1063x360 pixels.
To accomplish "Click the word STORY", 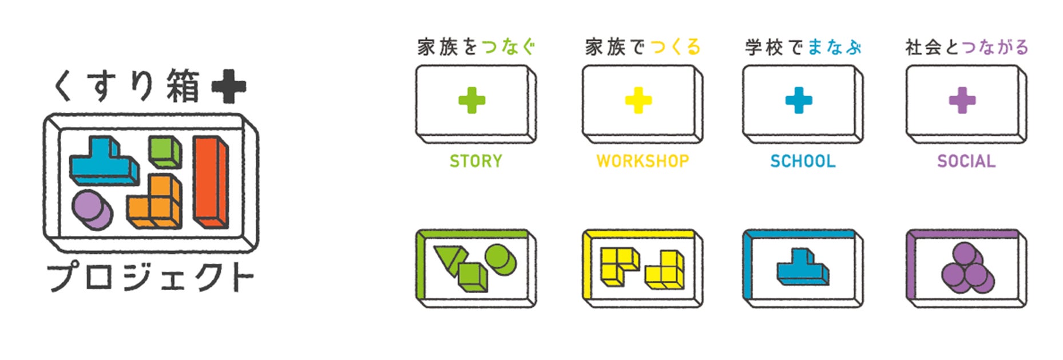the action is (475, 161).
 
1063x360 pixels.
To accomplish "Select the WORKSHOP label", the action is (642, 161).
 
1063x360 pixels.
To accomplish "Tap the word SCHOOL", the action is (803, 161).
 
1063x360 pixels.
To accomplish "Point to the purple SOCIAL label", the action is (966, 161).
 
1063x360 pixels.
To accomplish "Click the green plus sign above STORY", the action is (472, 101).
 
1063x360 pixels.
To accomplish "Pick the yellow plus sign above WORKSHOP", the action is (638, 101).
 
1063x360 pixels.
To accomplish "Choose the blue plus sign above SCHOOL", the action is (799, 101).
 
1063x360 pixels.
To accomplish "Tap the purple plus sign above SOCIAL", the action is (962, 101).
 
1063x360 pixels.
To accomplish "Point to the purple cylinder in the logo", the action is (92, 209).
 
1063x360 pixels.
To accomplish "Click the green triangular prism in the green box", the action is (448, 259).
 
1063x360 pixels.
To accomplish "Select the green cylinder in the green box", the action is (500, 260).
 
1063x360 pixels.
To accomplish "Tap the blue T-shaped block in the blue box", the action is (802, 267).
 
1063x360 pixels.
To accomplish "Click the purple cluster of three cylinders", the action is (967, 268).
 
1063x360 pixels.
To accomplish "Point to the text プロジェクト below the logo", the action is (150, 276).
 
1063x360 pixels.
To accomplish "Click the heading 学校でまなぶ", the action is (803, 47).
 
